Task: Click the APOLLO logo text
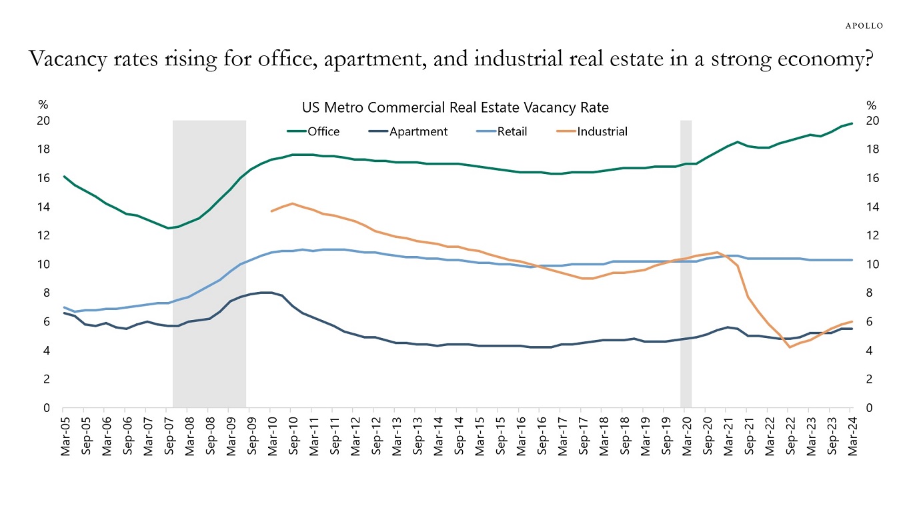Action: tap(864, 25)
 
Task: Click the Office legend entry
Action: tap(323, 131)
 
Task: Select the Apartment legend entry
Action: tap(418, 131)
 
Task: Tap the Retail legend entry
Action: tap(512, 131)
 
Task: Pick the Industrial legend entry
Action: tap(602, 131)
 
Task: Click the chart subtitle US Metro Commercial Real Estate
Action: tap(455, 107)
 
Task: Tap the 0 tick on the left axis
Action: tap(47, 408)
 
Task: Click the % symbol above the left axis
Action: tap(43, 105)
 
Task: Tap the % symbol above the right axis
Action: tap(871, 105)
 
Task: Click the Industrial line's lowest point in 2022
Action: tap(790, 347)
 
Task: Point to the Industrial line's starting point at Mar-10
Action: tap(271, 211)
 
